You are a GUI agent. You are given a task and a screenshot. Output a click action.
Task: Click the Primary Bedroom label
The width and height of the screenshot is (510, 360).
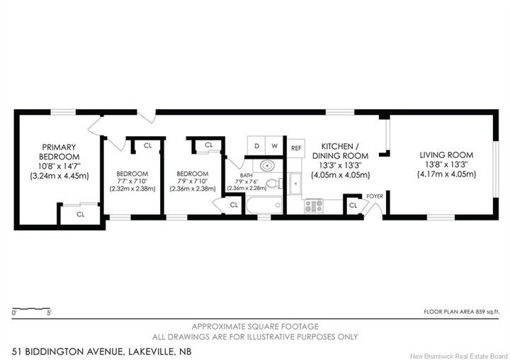(x=59, y=152)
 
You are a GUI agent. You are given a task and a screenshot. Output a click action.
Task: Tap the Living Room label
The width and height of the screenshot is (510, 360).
(x=446, y=155)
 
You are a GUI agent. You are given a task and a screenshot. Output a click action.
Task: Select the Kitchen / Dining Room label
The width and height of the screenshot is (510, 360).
(x=340, y=151)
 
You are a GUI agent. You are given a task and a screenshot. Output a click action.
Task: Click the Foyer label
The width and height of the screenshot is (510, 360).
(x=375, y=196)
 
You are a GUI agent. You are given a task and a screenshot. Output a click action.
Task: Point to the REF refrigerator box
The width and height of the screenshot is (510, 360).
(x=296, y=148)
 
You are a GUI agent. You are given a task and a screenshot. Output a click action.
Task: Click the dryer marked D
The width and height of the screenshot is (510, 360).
(x=256, y=145)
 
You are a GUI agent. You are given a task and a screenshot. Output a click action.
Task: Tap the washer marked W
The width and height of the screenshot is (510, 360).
(x=275, y=145)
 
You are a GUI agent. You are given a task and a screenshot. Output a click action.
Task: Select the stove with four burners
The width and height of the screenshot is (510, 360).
(x=314, y=206)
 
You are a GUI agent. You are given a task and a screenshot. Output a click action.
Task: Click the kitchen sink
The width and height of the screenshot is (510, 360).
(x=295, y=184)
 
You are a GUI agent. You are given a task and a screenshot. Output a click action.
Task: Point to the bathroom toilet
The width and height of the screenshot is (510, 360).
(x=275, y=184)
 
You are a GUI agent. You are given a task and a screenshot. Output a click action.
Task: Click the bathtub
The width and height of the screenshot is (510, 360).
(x=264, y=205)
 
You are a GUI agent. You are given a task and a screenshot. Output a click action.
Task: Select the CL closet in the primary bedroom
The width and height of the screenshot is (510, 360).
(x=80, y=215)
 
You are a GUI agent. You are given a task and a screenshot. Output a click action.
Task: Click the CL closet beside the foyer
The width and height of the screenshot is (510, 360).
(x=353, y=206)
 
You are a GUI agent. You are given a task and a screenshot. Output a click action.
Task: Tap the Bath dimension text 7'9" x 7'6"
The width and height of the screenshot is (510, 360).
(x=246, y=182)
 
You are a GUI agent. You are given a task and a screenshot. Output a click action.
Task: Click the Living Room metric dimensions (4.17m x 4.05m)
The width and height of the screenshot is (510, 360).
(x=446, y=174)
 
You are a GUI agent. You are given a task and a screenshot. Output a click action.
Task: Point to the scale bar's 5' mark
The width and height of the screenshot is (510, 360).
(x=50, y=313)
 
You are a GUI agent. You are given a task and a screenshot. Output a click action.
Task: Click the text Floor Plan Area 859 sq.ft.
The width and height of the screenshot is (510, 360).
(x=461, y=312)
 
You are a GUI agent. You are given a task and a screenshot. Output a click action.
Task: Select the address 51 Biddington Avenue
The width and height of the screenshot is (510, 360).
(x=67, y=352)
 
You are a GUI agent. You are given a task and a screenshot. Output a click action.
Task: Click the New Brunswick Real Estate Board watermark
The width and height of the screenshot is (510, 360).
(x=459, y=356)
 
